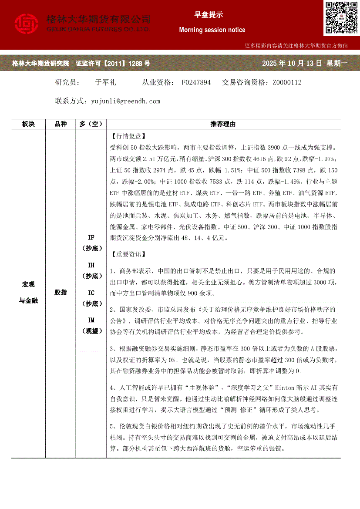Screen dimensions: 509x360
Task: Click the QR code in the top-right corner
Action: point(341,18)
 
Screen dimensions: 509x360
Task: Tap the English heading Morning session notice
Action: point(212,30)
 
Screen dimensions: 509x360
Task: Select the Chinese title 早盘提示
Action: point(208,15)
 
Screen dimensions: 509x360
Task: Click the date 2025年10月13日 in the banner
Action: point(292,64)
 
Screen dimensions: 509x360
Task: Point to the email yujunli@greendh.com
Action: point(126,101)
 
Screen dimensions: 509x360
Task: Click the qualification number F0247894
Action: point(196,82)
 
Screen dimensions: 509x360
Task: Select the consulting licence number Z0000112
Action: point(287,82)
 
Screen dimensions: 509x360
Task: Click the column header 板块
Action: point(28,124)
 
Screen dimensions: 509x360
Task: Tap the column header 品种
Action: point(61,124)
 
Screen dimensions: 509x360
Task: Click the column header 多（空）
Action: point(91,124)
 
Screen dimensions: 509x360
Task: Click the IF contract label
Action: point(91,238)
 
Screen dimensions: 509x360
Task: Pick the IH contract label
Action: point(91,265)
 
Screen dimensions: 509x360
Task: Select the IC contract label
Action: point(91,293)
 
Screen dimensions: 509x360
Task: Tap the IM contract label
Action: point(91,320)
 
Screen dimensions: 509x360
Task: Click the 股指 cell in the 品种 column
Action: point(61,292)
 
